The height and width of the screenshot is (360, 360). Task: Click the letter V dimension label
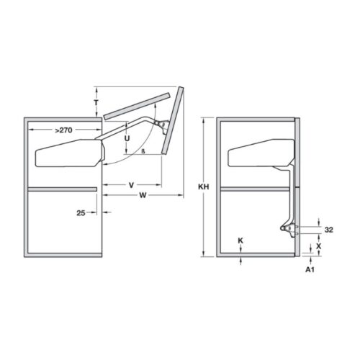(x=131, y=185)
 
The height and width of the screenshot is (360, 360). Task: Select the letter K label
(x=240, y=239)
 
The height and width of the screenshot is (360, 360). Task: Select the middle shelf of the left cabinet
(x=61, y=189)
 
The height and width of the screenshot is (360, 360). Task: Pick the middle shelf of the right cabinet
(x=256, y=189)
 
